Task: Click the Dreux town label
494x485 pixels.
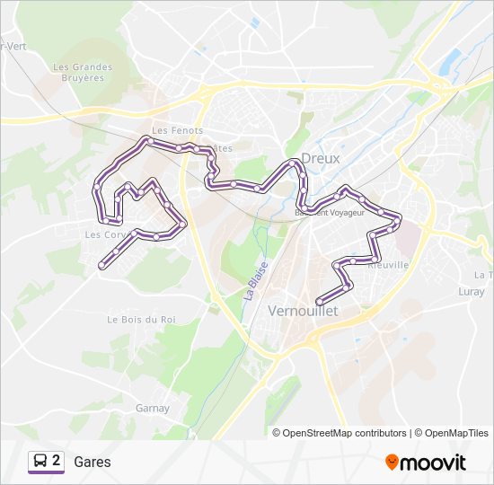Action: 320,158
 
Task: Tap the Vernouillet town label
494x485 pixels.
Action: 303,310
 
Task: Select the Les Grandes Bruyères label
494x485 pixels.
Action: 83,72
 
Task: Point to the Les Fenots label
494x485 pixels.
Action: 172,130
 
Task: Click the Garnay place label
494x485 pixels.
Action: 152,408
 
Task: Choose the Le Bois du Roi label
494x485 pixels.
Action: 142,319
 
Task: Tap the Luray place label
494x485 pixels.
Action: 471,291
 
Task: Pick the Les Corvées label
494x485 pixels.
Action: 104,234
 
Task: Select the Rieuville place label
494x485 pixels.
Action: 388,265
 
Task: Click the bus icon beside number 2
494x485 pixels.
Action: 40,462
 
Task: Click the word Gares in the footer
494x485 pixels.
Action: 93,462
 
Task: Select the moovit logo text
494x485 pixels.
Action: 434,463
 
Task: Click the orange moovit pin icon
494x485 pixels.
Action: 392,462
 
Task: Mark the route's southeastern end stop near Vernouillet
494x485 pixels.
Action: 320,302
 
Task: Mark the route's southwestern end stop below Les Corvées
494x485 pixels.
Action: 101,264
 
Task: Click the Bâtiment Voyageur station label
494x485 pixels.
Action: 330,213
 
